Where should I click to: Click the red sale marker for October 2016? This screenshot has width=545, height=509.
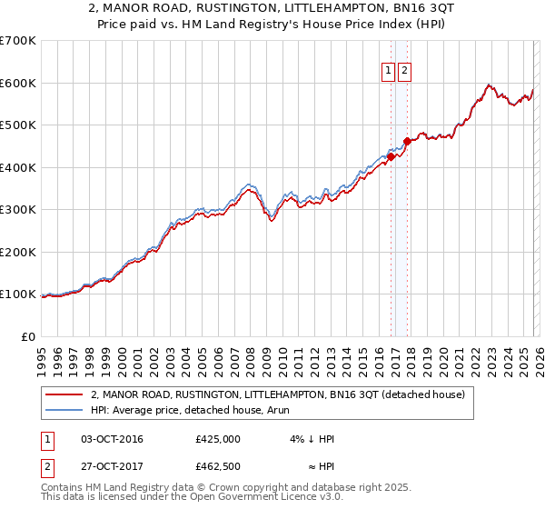391,156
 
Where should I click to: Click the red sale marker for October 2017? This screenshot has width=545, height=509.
408,141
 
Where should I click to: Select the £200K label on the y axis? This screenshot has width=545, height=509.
17,252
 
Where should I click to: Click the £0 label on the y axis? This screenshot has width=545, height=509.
27,336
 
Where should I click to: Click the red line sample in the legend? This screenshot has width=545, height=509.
64,394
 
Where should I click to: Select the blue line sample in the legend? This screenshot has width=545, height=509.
64,410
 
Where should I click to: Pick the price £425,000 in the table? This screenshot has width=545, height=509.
217,439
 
